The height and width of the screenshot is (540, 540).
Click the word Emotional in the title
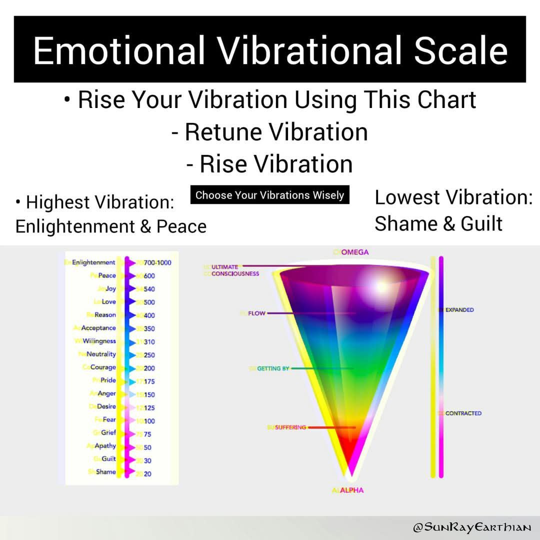[x=119, y=50]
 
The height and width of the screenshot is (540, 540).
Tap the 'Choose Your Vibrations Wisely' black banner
[x=269, y=195]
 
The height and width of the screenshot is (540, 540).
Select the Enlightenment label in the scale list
[x=93, y=262]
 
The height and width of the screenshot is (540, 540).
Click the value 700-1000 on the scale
[x=157, y=263]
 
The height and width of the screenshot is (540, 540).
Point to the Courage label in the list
[x=103, y=367]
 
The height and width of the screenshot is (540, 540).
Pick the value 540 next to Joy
[x=149, y=289]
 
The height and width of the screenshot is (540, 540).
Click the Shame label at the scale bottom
[x=105, y=472]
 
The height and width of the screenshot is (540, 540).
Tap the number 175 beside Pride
[x=149, y=381]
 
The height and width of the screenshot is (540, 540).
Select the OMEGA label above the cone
[x=354, y=252]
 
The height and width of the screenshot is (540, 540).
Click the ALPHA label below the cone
[x=351, y=490]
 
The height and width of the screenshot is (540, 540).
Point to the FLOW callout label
[x=256, y=313]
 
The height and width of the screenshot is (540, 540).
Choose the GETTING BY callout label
[x=273, y=368]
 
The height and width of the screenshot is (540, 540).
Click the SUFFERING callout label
[x=290, y=427]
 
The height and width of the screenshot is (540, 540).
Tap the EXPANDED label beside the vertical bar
[x=459, y=310]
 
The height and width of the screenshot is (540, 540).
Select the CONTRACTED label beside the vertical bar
[x=463, y=413]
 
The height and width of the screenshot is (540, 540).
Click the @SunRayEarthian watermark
[x=472, y=527]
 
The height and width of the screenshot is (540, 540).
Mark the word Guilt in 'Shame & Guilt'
[x=481, y=224]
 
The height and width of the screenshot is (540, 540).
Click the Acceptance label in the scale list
[x=98, y=328]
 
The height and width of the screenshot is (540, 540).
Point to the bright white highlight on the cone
[x=380, y=286]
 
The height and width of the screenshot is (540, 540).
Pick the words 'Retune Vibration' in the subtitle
[x=269, y=132]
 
